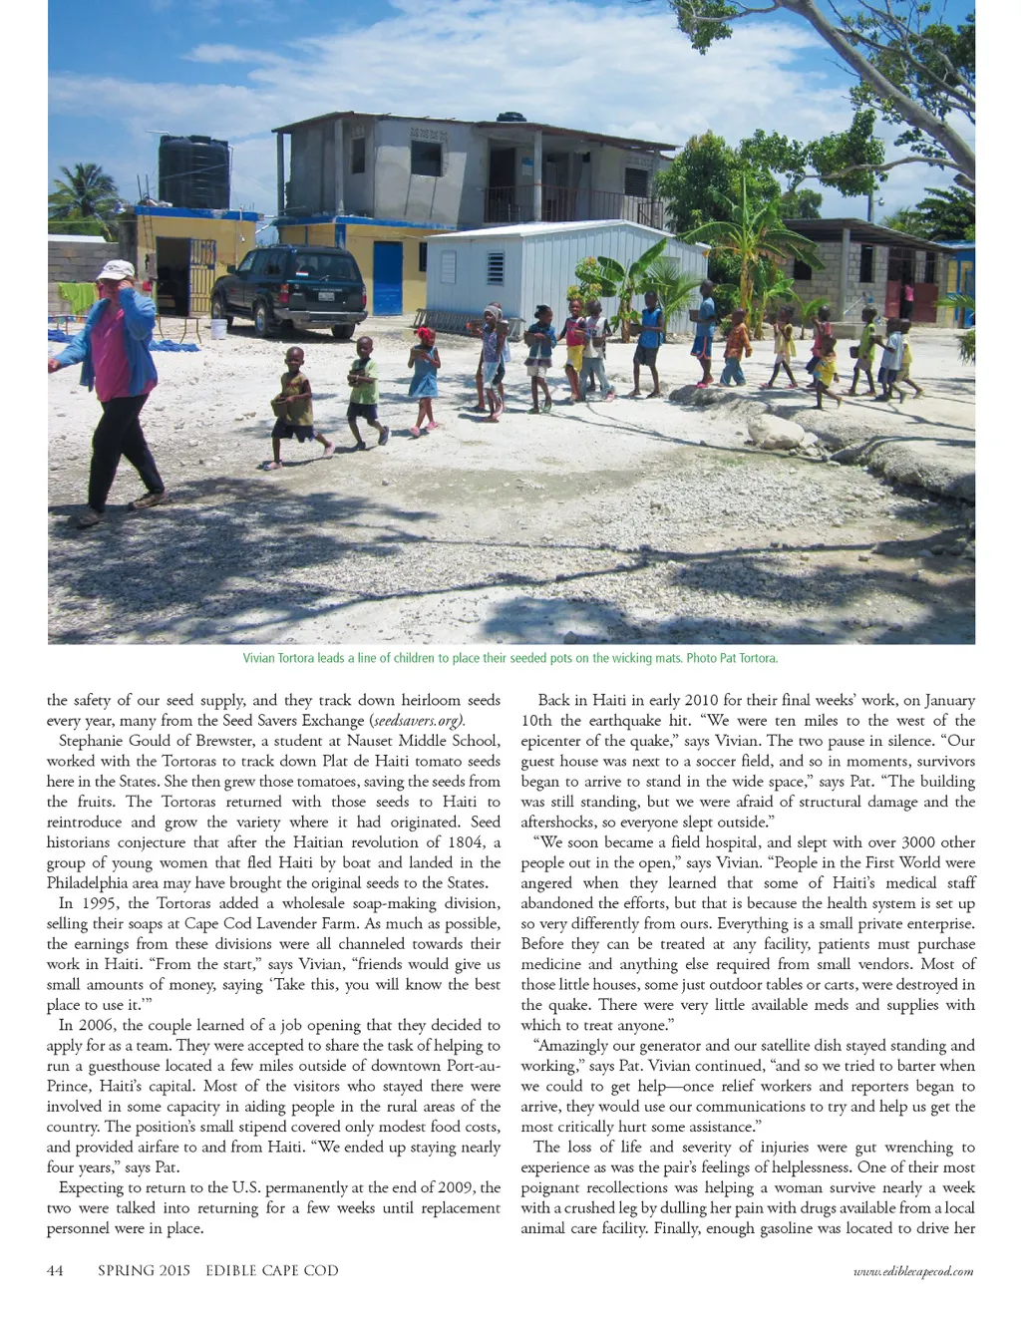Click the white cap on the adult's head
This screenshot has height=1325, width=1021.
coord(117,269)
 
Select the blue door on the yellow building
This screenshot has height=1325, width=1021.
coord(387,278)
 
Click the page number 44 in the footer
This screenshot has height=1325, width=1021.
coord(56,1270)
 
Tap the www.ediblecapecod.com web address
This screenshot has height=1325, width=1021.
coord(913,1271)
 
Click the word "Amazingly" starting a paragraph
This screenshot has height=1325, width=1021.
coord(570,1046)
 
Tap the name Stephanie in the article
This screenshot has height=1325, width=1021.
coord(95,741)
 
